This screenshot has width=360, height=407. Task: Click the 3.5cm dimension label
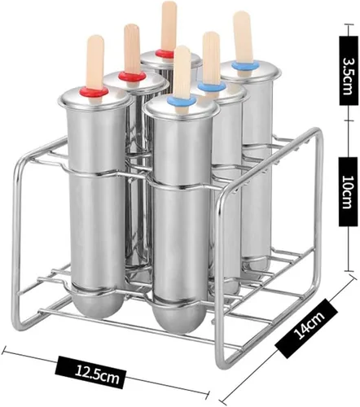[x=348, y=72]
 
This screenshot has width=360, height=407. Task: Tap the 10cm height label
[x=348, y=191]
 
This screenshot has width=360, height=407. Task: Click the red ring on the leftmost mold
[x=94, y=91]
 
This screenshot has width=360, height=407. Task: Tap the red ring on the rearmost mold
[x=165, y=54]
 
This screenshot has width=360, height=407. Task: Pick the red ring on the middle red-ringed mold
[x=131, y=76]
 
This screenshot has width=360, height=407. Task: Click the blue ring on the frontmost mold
[x=182, y=101]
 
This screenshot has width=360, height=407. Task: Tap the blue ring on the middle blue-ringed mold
[x=212, y=86]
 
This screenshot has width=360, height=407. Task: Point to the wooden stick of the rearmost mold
[x=169, y=26]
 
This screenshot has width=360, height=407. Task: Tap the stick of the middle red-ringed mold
[x=132, y=51]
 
